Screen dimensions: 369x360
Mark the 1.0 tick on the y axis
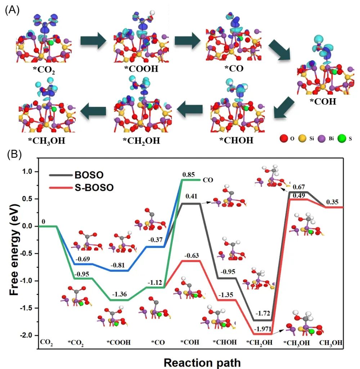point(28,172)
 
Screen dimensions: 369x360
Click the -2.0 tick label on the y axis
point(27,335)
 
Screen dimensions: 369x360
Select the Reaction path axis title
point(200,361)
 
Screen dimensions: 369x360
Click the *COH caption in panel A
point(323,102)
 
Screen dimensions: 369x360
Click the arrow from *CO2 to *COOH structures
point(93,40)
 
